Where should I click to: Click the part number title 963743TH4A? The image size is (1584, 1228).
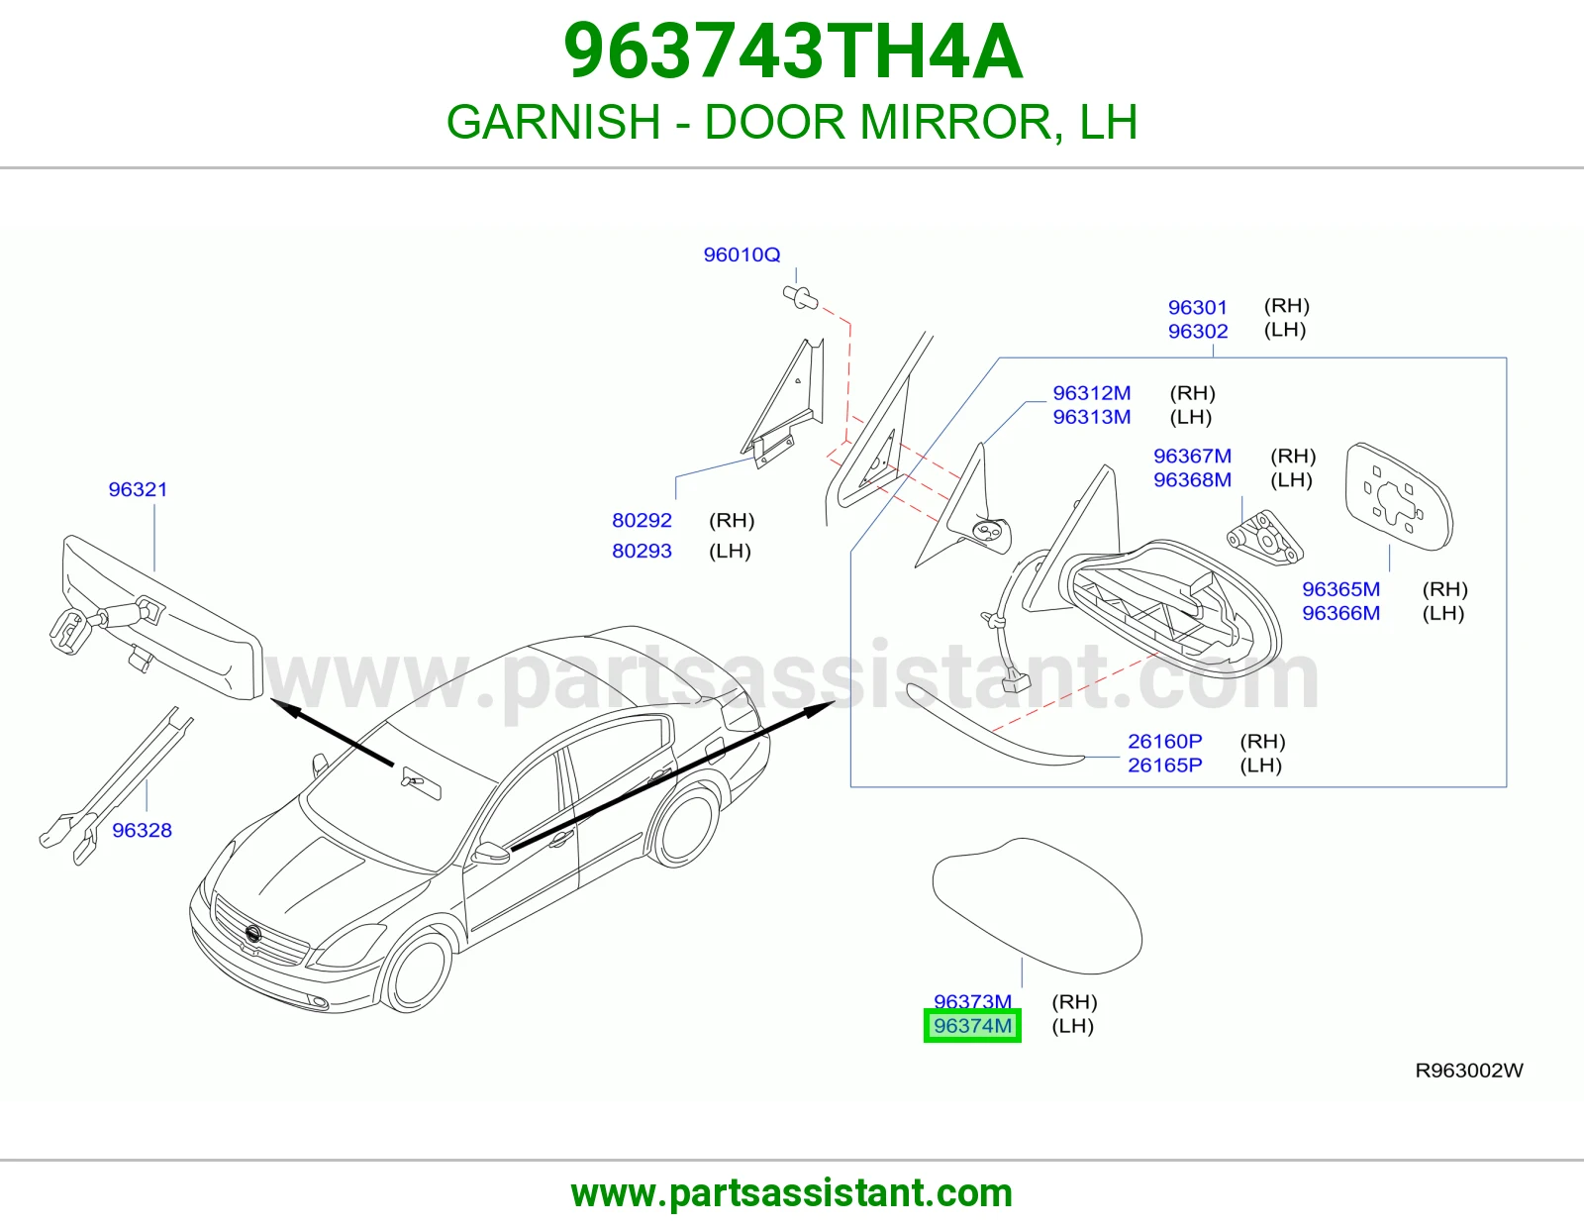point(793,51)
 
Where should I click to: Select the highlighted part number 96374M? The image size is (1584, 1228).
point(972,1026)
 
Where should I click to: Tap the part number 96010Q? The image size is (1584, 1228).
point(742,255)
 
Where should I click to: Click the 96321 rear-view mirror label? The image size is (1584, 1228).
point(138,489)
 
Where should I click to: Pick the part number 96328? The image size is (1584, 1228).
point(143,830)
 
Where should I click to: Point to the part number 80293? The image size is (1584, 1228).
point(642,551)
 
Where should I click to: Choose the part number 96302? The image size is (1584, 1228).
point(1198,331)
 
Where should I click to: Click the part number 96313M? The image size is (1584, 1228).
point(1091,417)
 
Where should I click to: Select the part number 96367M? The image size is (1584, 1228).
point(1192,456)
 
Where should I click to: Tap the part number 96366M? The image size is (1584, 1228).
point(1340,613)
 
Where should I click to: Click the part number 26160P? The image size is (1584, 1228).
point(1165,741)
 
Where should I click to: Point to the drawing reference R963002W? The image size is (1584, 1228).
point(1469,1071)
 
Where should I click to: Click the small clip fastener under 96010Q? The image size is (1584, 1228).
point(800,297)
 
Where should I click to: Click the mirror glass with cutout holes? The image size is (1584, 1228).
point(1398,497)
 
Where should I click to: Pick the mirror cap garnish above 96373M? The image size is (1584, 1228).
point(1038,906)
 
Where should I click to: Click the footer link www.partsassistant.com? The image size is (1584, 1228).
point(792,1193)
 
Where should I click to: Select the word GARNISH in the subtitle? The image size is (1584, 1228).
point(553,122)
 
